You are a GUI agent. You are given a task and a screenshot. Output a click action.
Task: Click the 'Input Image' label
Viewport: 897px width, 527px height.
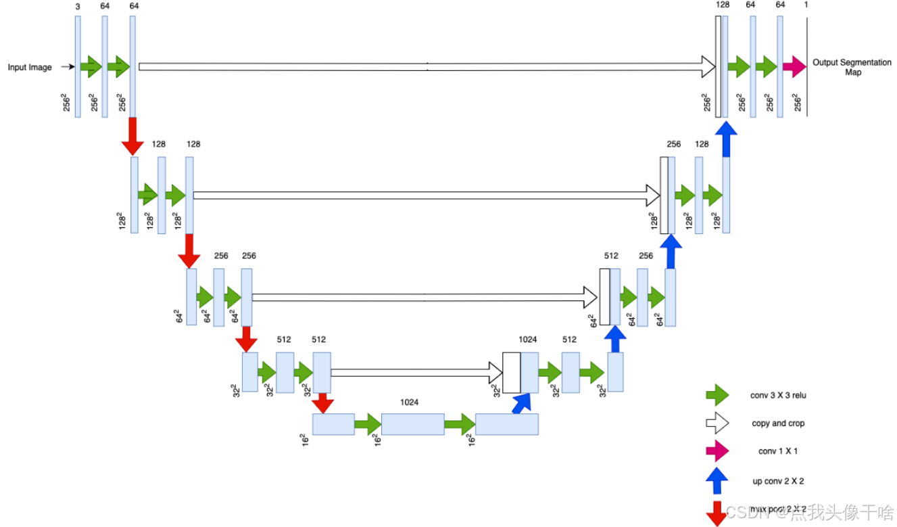point(30,67)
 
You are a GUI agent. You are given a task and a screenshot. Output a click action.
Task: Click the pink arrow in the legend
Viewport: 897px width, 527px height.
point(717,451)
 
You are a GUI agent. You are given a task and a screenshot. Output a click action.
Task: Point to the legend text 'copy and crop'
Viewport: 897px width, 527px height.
point(778,423)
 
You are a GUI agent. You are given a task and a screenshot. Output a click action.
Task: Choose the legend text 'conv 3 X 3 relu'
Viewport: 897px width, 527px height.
point(778,395)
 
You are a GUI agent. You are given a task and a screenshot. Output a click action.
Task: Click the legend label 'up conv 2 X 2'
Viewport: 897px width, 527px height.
point(778,481)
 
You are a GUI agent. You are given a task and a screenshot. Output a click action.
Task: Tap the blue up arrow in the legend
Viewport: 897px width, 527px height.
point(717,481)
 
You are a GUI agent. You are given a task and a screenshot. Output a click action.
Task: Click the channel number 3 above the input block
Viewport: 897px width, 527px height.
point(78,5)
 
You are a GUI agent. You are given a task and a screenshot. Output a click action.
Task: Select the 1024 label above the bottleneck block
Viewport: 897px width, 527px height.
point(409,402)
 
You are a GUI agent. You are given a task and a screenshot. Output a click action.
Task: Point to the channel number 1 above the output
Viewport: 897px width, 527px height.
point(806,5)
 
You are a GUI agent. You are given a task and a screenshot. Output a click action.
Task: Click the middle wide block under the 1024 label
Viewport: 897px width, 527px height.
point(412,424)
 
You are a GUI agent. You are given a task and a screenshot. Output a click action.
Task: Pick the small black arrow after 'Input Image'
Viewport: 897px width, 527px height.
point(66,67)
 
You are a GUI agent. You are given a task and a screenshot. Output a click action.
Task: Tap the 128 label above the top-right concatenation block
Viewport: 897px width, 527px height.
point(722,5)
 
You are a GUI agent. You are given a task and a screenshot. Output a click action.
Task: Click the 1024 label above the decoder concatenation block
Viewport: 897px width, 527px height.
point(527,340)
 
